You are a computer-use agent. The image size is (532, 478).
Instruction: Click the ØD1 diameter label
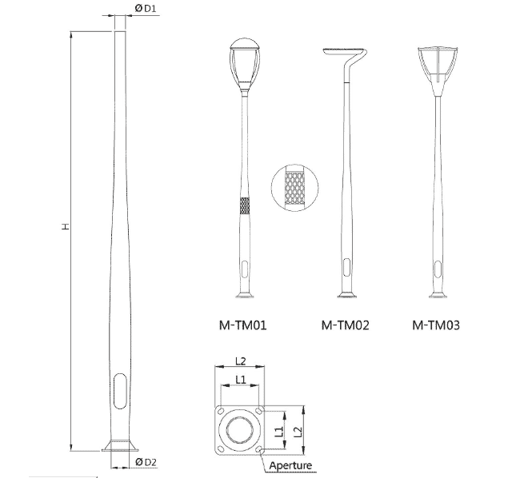tap(145, 8)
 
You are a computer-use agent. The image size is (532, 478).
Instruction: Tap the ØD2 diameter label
tap(145, 463)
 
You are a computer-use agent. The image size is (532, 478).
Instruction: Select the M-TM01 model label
tap(243, 325)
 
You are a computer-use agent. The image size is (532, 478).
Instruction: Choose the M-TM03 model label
tap(436, 325)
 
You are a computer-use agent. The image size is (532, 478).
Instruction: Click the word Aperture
tap(290, 465)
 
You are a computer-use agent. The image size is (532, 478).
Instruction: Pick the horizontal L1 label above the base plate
tap(240, 376)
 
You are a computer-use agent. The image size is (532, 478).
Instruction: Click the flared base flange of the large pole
tap(120, 444)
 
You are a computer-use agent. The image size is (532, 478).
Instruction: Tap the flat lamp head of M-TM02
tap(345, 53)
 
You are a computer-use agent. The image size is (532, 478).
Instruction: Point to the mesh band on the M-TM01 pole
tap(243, 206)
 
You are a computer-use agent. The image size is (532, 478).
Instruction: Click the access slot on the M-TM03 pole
tap(436, 267)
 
